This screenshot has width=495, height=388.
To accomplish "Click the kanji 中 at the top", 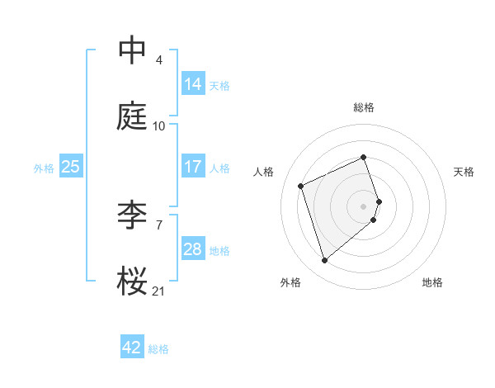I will coord(132,51).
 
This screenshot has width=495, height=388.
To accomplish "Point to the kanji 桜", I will coord(132,280).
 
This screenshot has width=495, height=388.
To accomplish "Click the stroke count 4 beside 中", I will coord(158,60).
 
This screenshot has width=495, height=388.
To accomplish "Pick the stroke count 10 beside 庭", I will coord(158,126).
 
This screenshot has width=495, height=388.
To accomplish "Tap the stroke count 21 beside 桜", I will coord(158,291).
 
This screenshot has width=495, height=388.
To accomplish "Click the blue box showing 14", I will coord(193,84).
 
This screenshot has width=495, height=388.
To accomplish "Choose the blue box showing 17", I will coord(193,167).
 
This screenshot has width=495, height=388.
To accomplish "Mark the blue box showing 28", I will coord(193,249).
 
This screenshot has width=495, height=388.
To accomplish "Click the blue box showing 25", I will coord(70,167).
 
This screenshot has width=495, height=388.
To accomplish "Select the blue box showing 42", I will coord(132,348).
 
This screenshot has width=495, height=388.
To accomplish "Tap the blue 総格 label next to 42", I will coord(158,349).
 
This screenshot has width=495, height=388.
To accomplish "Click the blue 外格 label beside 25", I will coord(44,168).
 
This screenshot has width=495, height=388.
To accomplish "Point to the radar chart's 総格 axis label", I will coord(364,107).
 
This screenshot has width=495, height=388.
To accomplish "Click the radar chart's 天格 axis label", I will coord(464,172).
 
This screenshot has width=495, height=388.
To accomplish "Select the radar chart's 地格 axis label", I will coord(432,283).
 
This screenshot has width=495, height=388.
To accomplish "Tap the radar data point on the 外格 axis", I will coord(324,261).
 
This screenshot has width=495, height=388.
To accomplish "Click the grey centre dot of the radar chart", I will coord(364,205).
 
